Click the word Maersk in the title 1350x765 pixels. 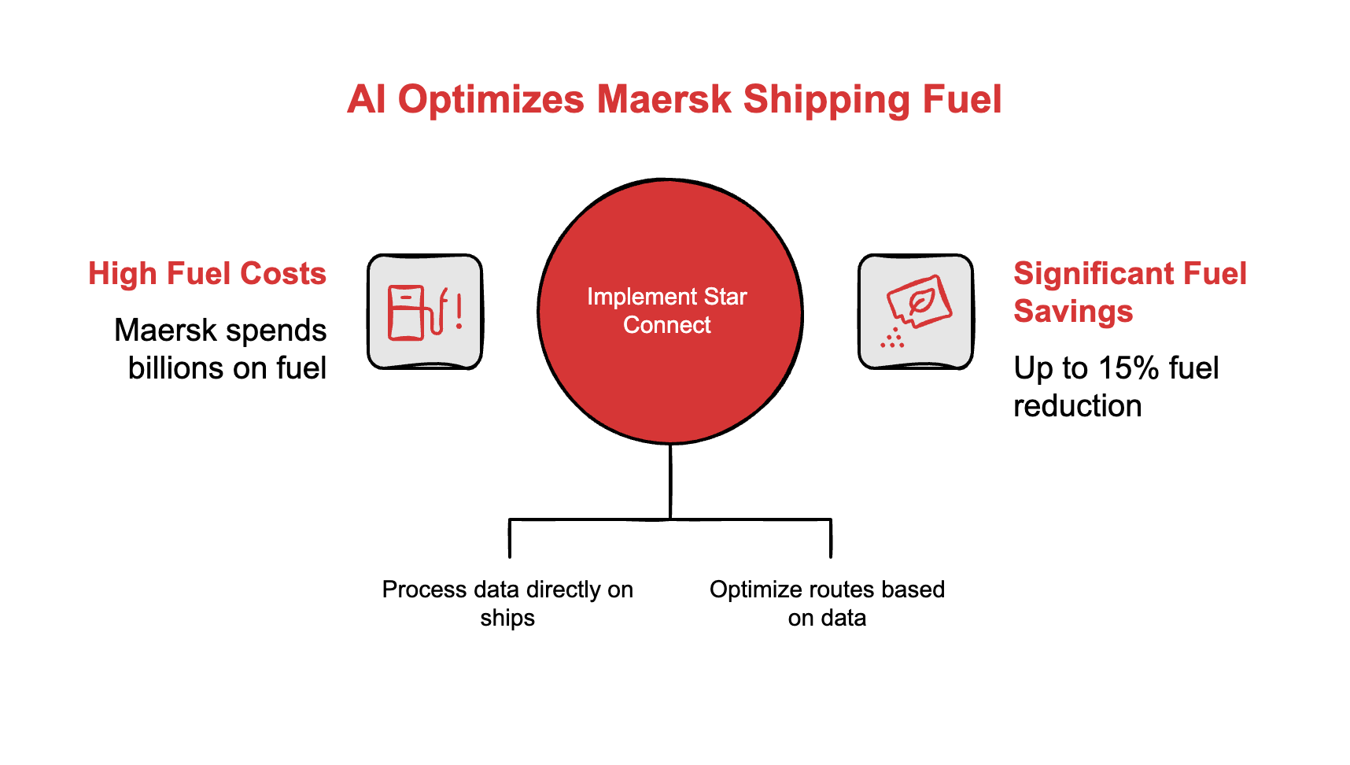point(663,100)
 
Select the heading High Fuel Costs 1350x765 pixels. point(207,274)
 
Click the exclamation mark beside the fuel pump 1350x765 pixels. point(459,312)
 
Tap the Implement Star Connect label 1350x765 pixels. point(667,311)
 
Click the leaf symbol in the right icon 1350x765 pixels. point(920,301)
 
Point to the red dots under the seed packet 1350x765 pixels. point(892,339)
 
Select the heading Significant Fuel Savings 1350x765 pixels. point(1130,293)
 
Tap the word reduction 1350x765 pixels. point(1077,406)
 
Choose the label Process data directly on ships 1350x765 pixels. point(507,604)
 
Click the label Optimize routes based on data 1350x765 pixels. point(827,604)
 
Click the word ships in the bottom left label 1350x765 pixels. point(507,619)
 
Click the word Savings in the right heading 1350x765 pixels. point(1073,312)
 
